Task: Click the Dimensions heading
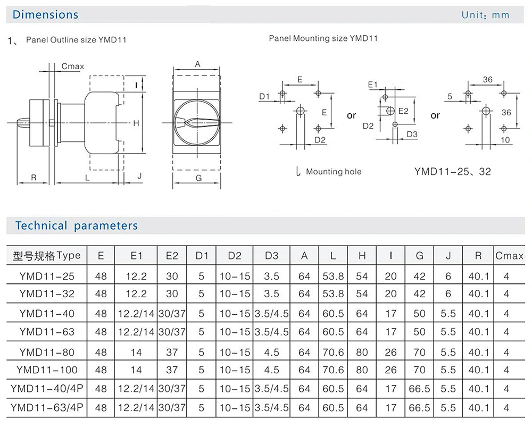pos(45,15)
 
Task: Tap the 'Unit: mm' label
pos(485,15)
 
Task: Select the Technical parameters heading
pos(76,225)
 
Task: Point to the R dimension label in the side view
pos(34,178)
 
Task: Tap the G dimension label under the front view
pos(198,179)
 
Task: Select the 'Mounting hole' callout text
pos(333,172)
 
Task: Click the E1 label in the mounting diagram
pos(372,85)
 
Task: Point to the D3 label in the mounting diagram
pos(412,134)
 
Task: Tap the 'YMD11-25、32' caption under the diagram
pos(452,172)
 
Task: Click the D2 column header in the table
pos(235,256)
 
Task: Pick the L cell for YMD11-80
pos(333,352)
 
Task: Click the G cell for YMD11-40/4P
pos(420,389)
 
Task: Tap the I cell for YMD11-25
pos(391,276)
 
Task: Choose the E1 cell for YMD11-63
pos(137,332)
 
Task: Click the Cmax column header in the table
pos(509,256)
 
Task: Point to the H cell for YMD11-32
pos(362,294)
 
